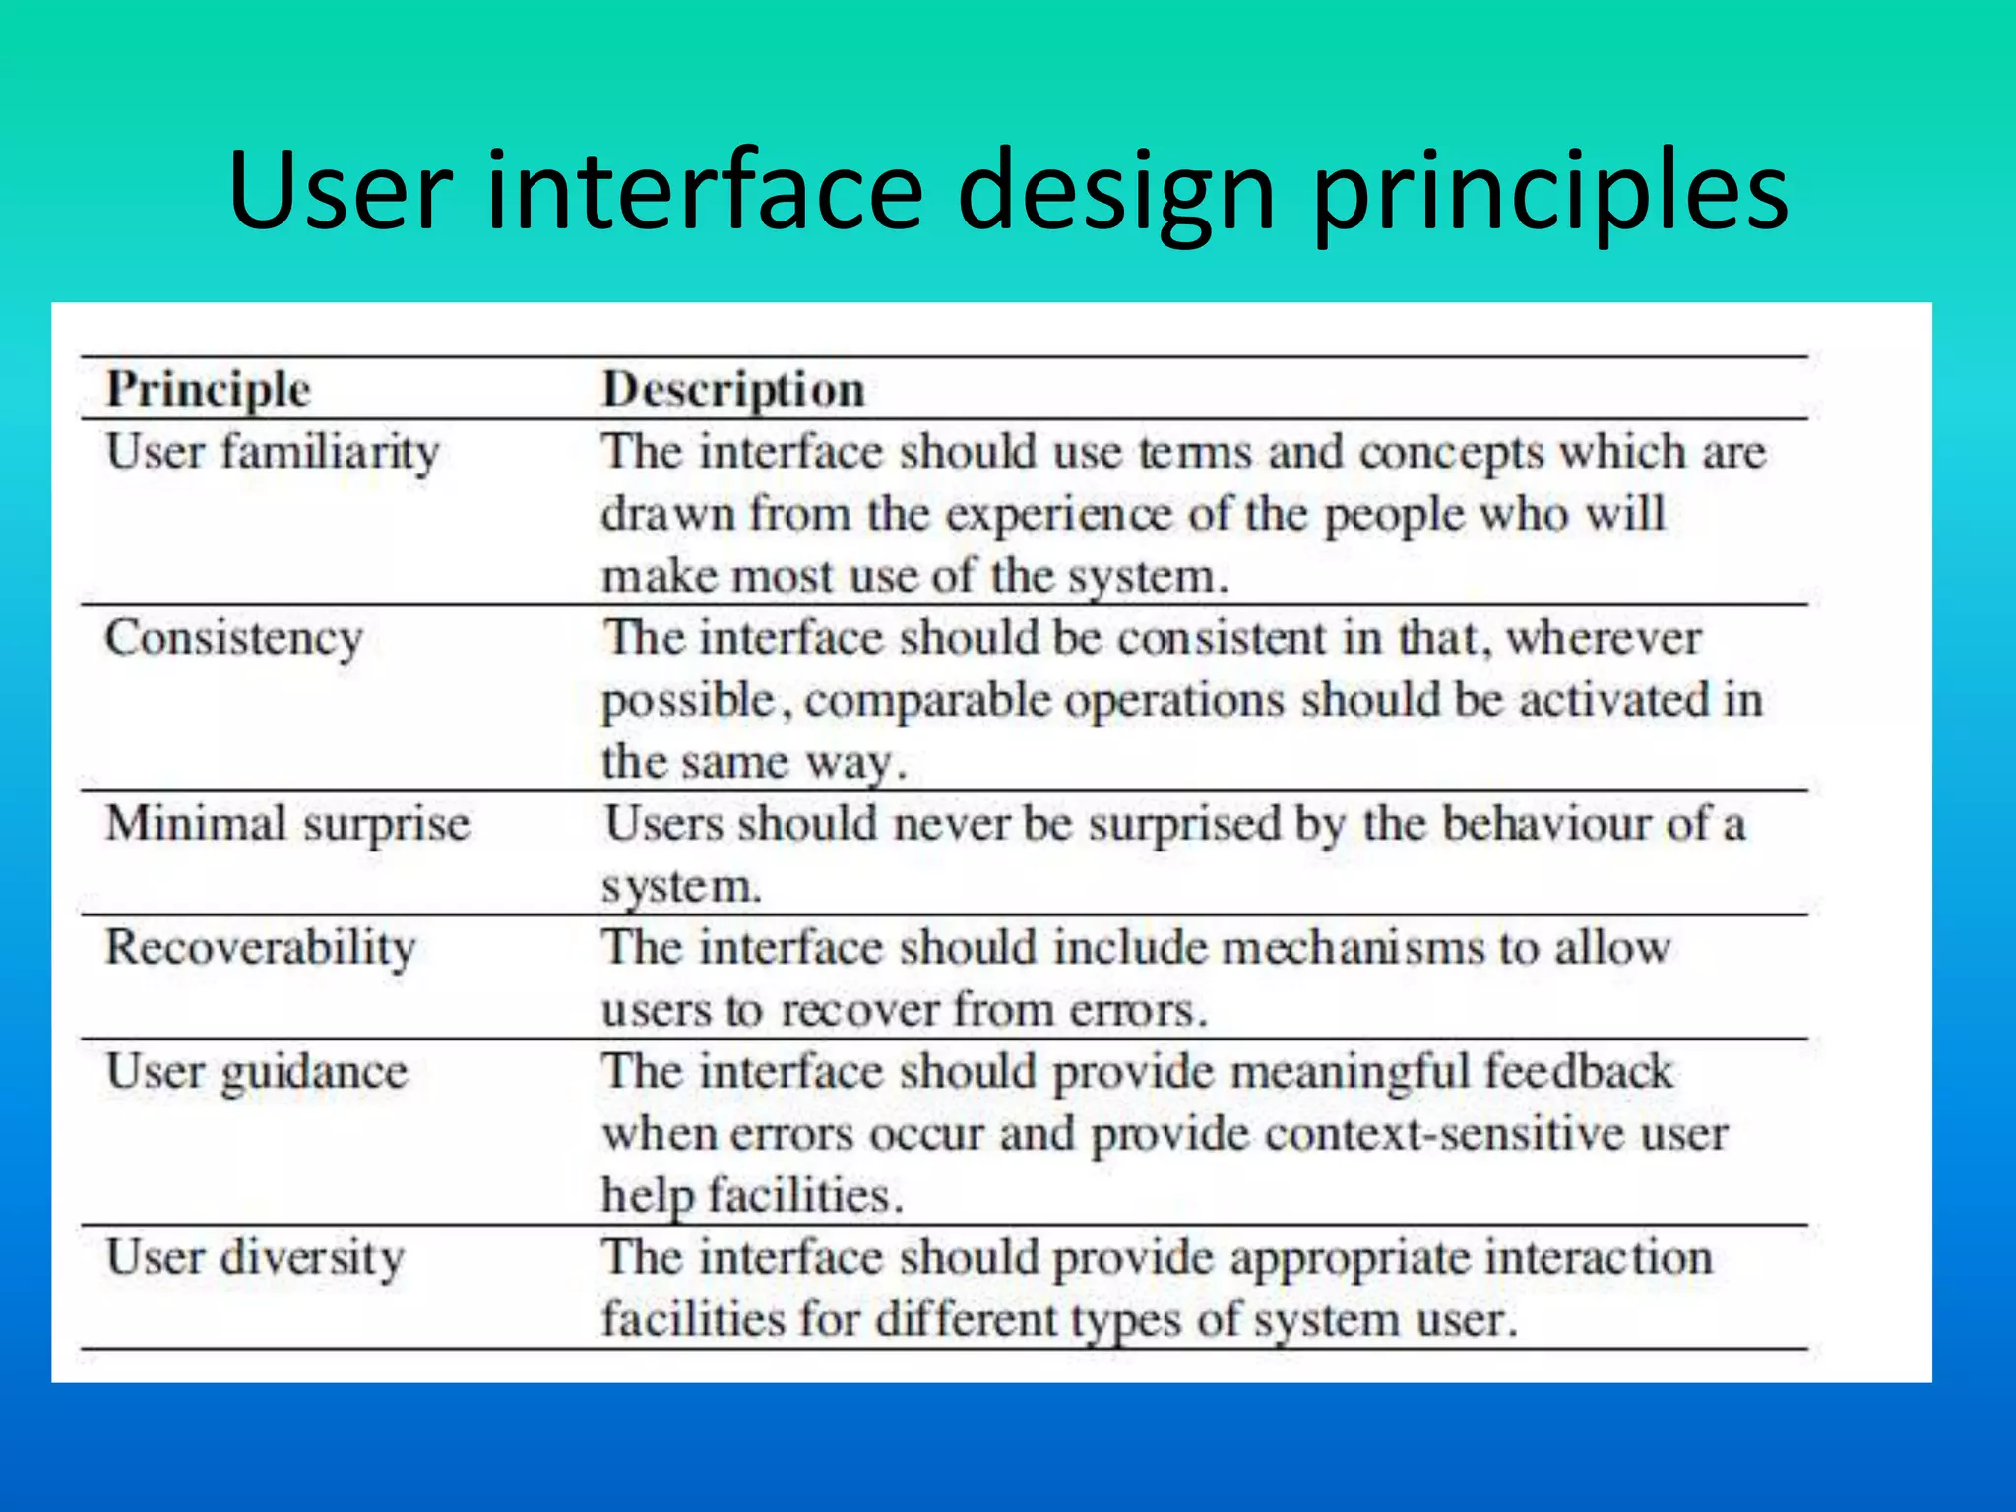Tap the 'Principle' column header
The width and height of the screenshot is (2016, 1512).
tap(209, 389)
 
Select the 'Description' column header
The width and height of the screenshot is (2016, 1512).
tap(733, 389)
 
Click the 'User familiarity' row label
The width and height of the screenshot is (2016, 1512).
tap(272, 453)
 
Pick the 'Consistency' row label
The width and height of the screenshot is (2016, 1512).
tap(234, 638)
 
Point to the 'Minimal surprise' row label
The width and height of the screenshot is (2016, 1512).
tap(287, 823)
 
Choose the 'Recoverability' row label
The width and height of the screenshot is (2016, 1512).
tap(261, 947)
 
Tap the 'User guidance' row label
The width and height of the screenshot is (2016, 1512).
tap(256, 1071)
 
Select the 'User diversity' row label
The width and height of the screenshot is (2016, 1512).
tap(255, 1257)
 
